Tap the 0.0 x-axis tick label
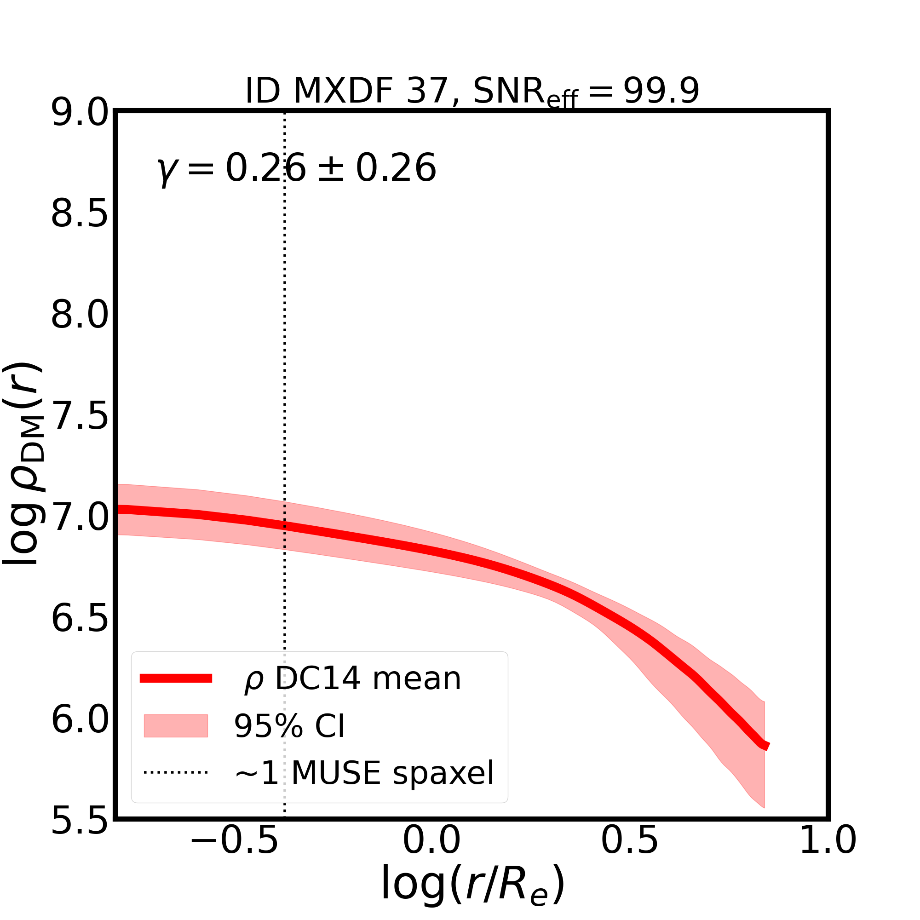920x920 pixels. [x=431, y=854]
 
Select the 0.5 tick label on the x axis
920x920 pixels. [x=630, y=854]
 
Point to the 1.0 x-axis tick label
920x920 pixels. [x=828, y=854]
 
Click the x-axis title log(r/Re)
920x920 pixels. [x=472, y=891]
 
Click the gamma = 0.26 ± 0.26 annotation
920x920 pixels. [x=296, y=169]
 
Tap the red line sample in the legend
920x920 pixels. [x=176, y=678]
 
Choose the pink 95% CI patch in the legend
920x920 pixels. [x=176, y=726]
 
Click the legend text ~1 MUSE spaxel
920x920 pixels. [x=364, y=772]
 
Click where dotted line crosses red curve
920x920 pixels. [x=285, y=526]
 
